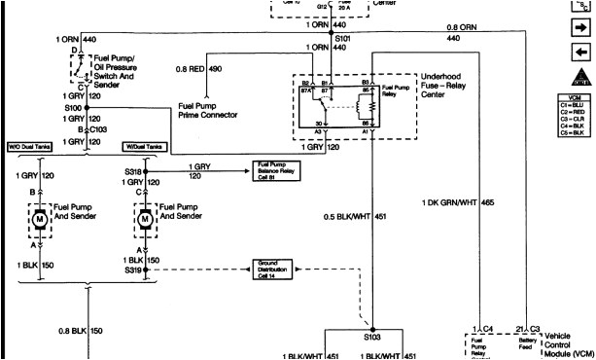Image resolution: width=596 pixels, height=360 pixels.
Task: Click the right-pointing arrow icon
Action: (578, 30)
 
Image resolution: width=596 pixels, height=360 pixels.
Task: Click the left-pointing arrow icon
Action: (578, 52)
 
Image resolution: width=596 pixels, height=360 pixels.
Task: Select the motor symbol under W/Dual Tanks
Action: (145, 220)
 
